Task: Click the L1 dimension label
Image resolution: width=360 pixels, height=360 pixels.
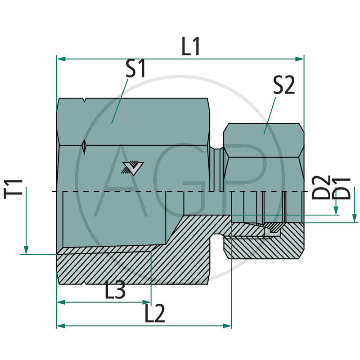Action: [x=191, y=46]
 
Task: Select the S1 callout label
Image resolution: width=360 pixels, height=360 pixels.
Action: [x=135, y=70]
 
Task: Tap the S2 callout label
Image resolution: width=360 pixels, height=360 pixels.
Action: [x=283, y=85]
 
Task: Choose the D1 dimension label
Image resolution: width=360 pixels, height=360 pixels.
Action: [x=344, y=188]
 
